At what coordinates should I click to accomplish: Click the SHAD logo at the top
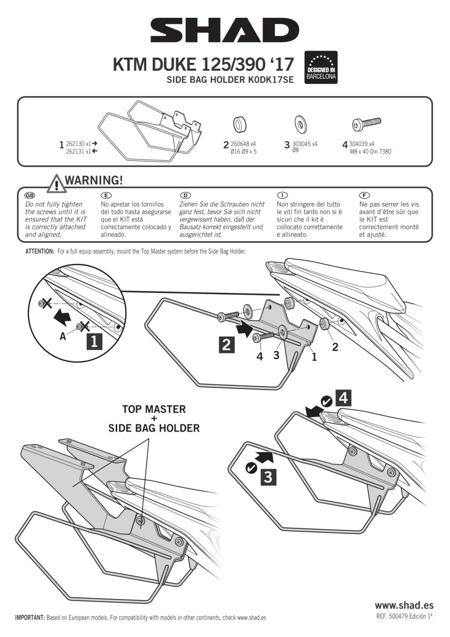225,30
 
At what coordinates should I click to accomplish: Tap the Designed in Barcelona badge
321,67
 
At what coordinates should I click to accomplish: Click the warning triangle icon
56,183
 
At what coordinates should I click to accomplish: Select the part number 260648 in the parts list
240,144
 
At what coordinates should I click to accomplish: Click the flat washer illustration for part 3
300,124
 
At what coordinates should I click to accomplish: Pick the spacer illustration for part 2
240,125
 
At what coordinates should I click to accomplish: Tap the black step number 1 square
94,341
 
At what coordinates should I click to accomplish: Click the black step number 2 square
226,345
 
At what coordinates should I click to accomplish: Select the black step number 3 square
268,477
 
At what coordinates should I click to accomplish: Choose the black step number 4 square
343,398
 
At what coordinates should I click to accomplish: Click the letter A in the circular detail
63,336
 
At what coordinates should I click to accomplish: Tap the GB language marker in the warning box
30,195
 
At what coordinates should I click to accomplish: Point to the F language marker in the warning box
364,195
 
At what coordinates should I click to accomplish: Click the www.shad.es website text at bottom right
404,605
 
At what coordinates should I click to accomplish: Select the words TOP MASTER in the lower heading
154,409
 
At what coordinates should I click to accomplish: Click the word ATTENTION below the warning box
40,252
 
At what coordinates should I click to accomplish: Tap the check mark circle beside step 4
326,401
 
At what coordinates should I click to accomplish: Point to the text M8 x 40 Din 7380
370,151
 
